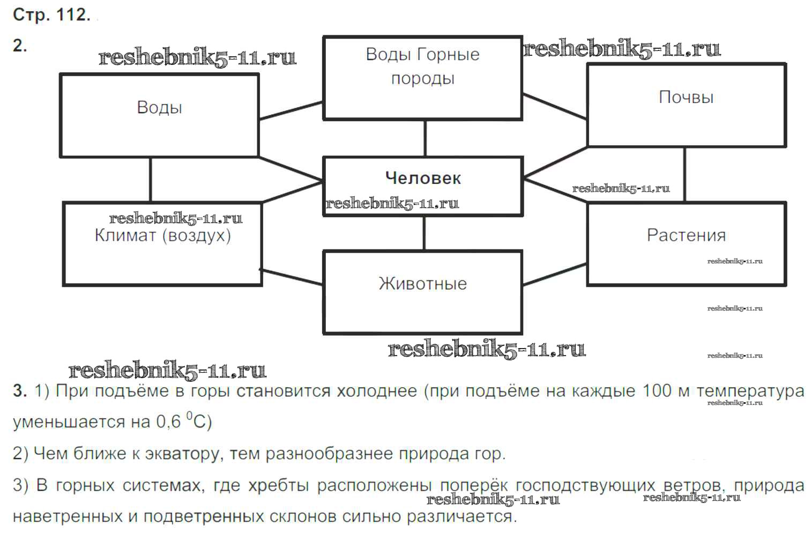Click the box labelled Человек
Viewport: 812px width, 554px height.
pyautogui.click(x=422, y=186)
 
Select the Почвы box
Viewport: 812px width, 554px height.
pyautogui.click(x=686, y=105)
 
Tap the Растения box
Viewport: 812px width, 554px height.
pyautogui.click(x=686, y=243)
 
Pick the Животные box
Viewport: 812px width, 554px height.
pyautogui.click(x=422, y=292)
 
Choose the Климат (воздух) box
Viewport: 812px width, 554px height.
pyautogui.click(x=162, y=243)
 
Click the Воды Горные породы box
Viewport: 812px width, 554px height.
pyautogui.click(x=422, y=78)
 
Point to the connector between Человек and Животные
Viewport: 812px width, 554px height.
pyautogui.click(x=424, y=233)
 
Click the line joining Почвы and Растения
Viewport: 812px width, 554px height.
pyautogui.click(x=684, y=174)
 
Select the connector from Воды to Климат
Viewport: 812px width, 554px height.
pyautogui.click(x=151, y=180)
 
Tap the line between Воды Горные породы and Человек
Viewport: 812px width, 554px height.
pyautogui.click(x=426, y=138)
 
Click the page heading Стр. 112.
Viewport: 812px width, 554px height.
pyautogui.click(x=51, y=15)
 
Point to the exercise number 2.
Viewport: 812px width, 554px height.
pyautogui.click(x=20, y=46)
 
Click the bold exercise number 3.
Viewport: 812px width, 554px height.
pyautogui.click(x=20, y=391)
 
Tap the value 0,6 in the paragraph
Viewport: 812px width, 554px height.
pyautogui.click(x=168, y=422)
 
